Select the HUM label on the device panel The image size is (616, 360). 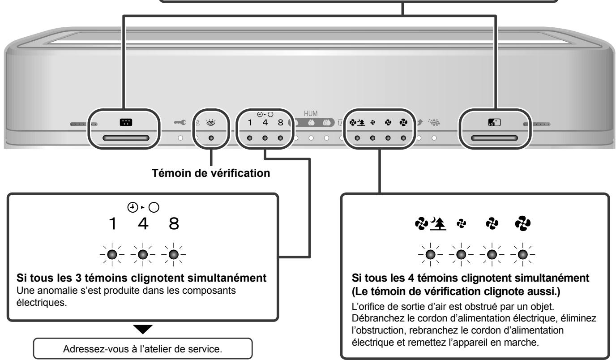click(311, 115)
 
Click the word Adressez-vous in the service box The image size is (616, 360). click(84, 349)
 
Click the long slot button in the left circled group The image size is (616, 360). click(125, 138)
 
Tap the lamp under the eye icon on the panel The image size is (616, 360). click(210, 138)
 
